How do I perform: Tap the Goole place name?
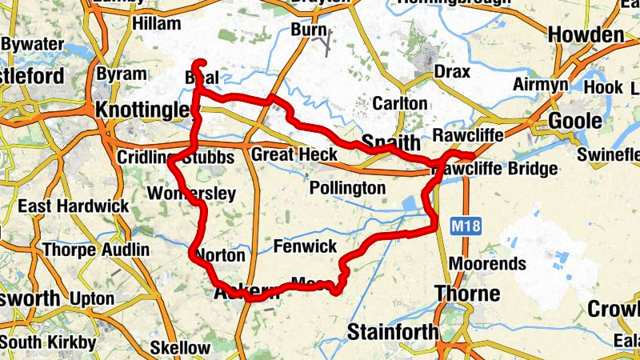[574, 121]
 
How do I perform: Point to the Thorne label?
[466, 293]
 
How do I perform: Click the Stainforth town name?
[394, 331]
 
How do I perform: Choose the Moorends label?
[487, 263]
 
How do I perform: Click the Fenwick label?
[305, 246]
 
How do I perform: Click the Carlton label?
[400, 104]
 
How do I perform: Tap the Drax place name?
[451, 72]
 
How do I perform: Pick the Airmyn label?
[541, 84]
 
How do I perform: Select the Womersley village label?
[192, 194]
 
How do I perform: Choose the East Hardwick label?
[74, 206]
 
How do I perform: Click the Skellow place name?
[180, 347]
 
